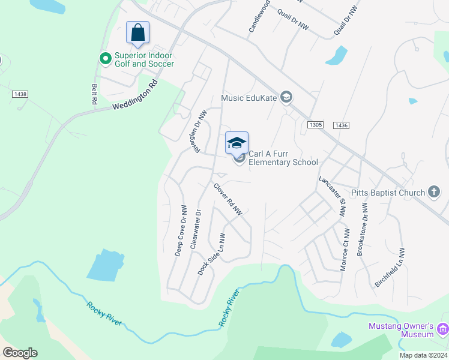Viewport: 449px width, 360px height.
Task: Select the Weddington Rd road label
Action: [x=134, y=95]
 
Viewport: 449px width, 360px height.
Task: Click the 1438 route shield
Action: [x=20, y=94]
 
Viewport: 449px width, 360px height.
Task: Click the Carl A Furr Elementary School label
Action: [x=283, y=158]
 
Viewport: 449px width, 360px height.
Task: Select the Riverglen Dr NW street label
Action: [x=199, y=131]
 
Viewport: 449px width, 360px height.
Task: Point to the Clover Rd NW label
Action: [x=228, y=199]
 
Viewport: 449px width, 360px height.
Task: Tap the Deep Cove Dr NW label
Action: [x=181, y=231]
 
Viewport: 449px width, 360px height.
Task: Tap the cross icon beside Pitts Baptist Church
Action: [x=435, y=192]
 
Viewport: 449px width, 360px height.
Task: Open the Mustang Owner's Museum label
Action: [x=401, y=330]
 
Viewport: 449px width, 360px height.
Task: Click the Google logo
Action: [x=20, y=352]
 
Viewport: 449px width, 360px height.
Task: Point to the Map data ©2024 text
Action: [x=422, y=355]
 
